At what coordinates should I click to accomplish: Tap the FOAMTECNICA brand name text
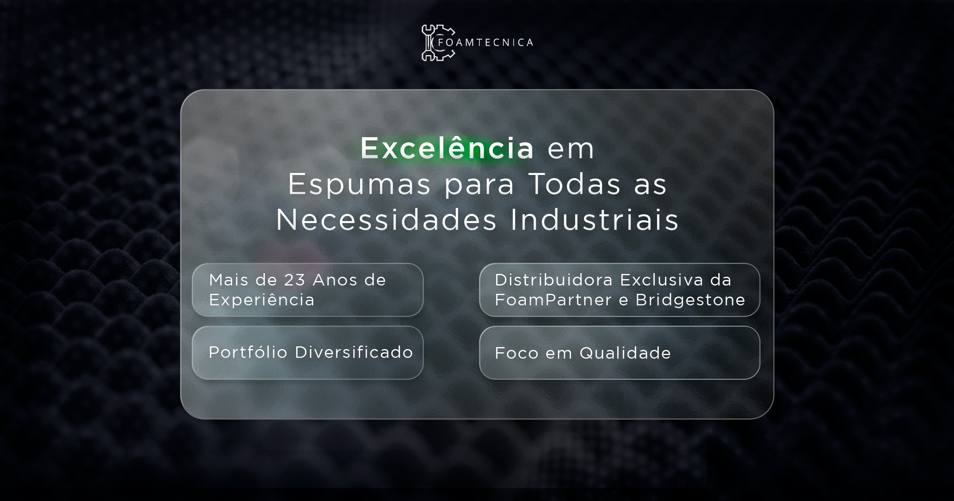(x=485, y=43)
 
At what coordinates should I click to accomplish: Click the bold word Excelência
(x=447, y=148)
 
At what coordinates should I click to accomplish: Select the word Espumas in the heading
(x=359, y=185)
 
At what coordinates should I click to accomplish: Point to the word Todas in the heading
(x=574, y=184)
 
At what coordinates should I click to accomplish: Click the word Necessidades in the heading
(x=386, y=219)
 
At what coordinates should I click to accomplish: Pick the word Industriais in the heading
(x=595, y=219)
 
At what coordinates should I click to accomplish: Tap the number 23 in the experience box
(x=295, y=280)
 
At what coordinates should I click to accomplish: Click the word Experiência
(x=262, y=300)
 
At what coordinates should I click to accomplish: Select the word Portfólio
(x=248, y=352)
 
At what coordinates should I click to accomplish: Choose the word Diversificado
(x=354, y=352)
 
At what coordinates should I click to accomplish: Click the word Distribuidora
(x=554, y=280)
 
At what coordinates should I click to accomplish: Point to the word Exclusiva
(x=662, y=280)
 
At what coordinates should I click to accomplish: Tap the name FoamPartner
(x=553, y=300)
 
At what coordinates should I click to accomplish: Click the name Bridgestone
(x=690, y=300)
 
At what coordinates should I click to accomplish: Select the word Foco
(x=516, y=353)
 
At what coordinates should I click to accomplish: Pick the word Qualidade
(x=625, y=353)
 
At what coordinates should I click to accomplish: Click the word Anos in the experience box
(x=335, y=280)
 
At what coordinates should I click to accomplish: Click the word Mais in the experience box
(x=229, y=280)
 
